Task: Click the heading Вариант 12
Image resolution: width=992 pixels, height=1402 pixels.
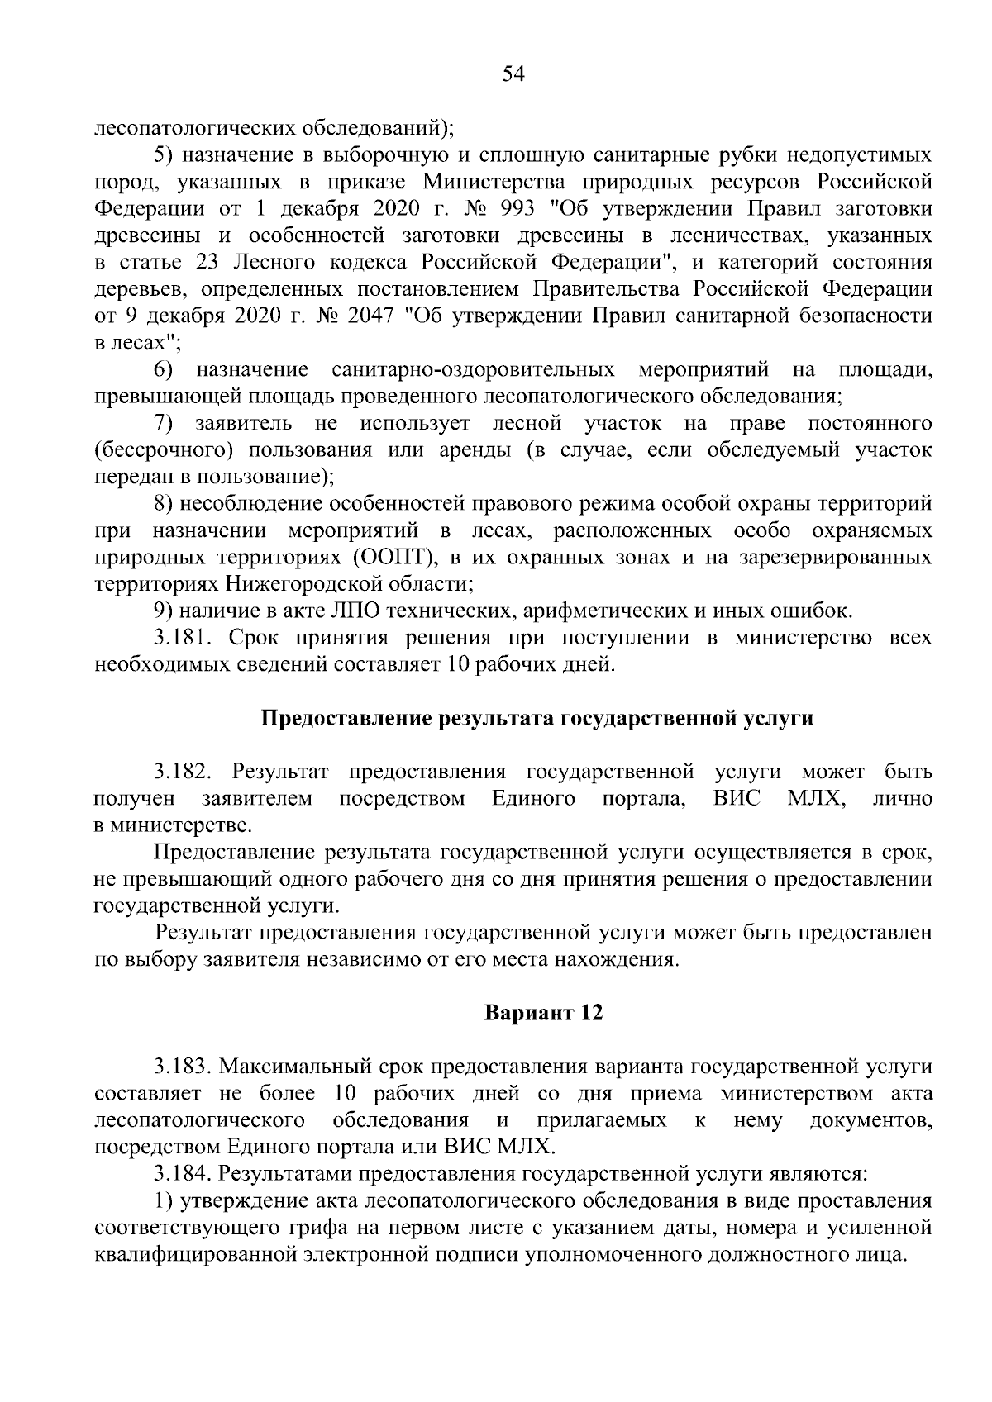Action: (x=543, y=1013)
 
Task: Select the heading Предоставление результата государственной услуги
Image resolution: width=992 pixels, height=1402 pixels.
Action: (x=537, y=718)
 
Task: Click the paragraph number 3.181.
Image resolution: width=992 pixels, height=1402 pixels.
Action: (x=184, y=638)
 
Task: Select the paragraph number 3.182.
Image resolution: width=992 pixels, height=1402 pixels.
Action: (x=184, y=772)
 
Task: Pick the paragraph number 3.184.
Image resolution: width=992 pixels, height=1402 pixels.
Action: (x=184, y=1173)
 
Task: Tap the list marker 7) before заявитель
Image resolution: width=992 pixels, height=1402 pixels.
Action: (x=164, y=424)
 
